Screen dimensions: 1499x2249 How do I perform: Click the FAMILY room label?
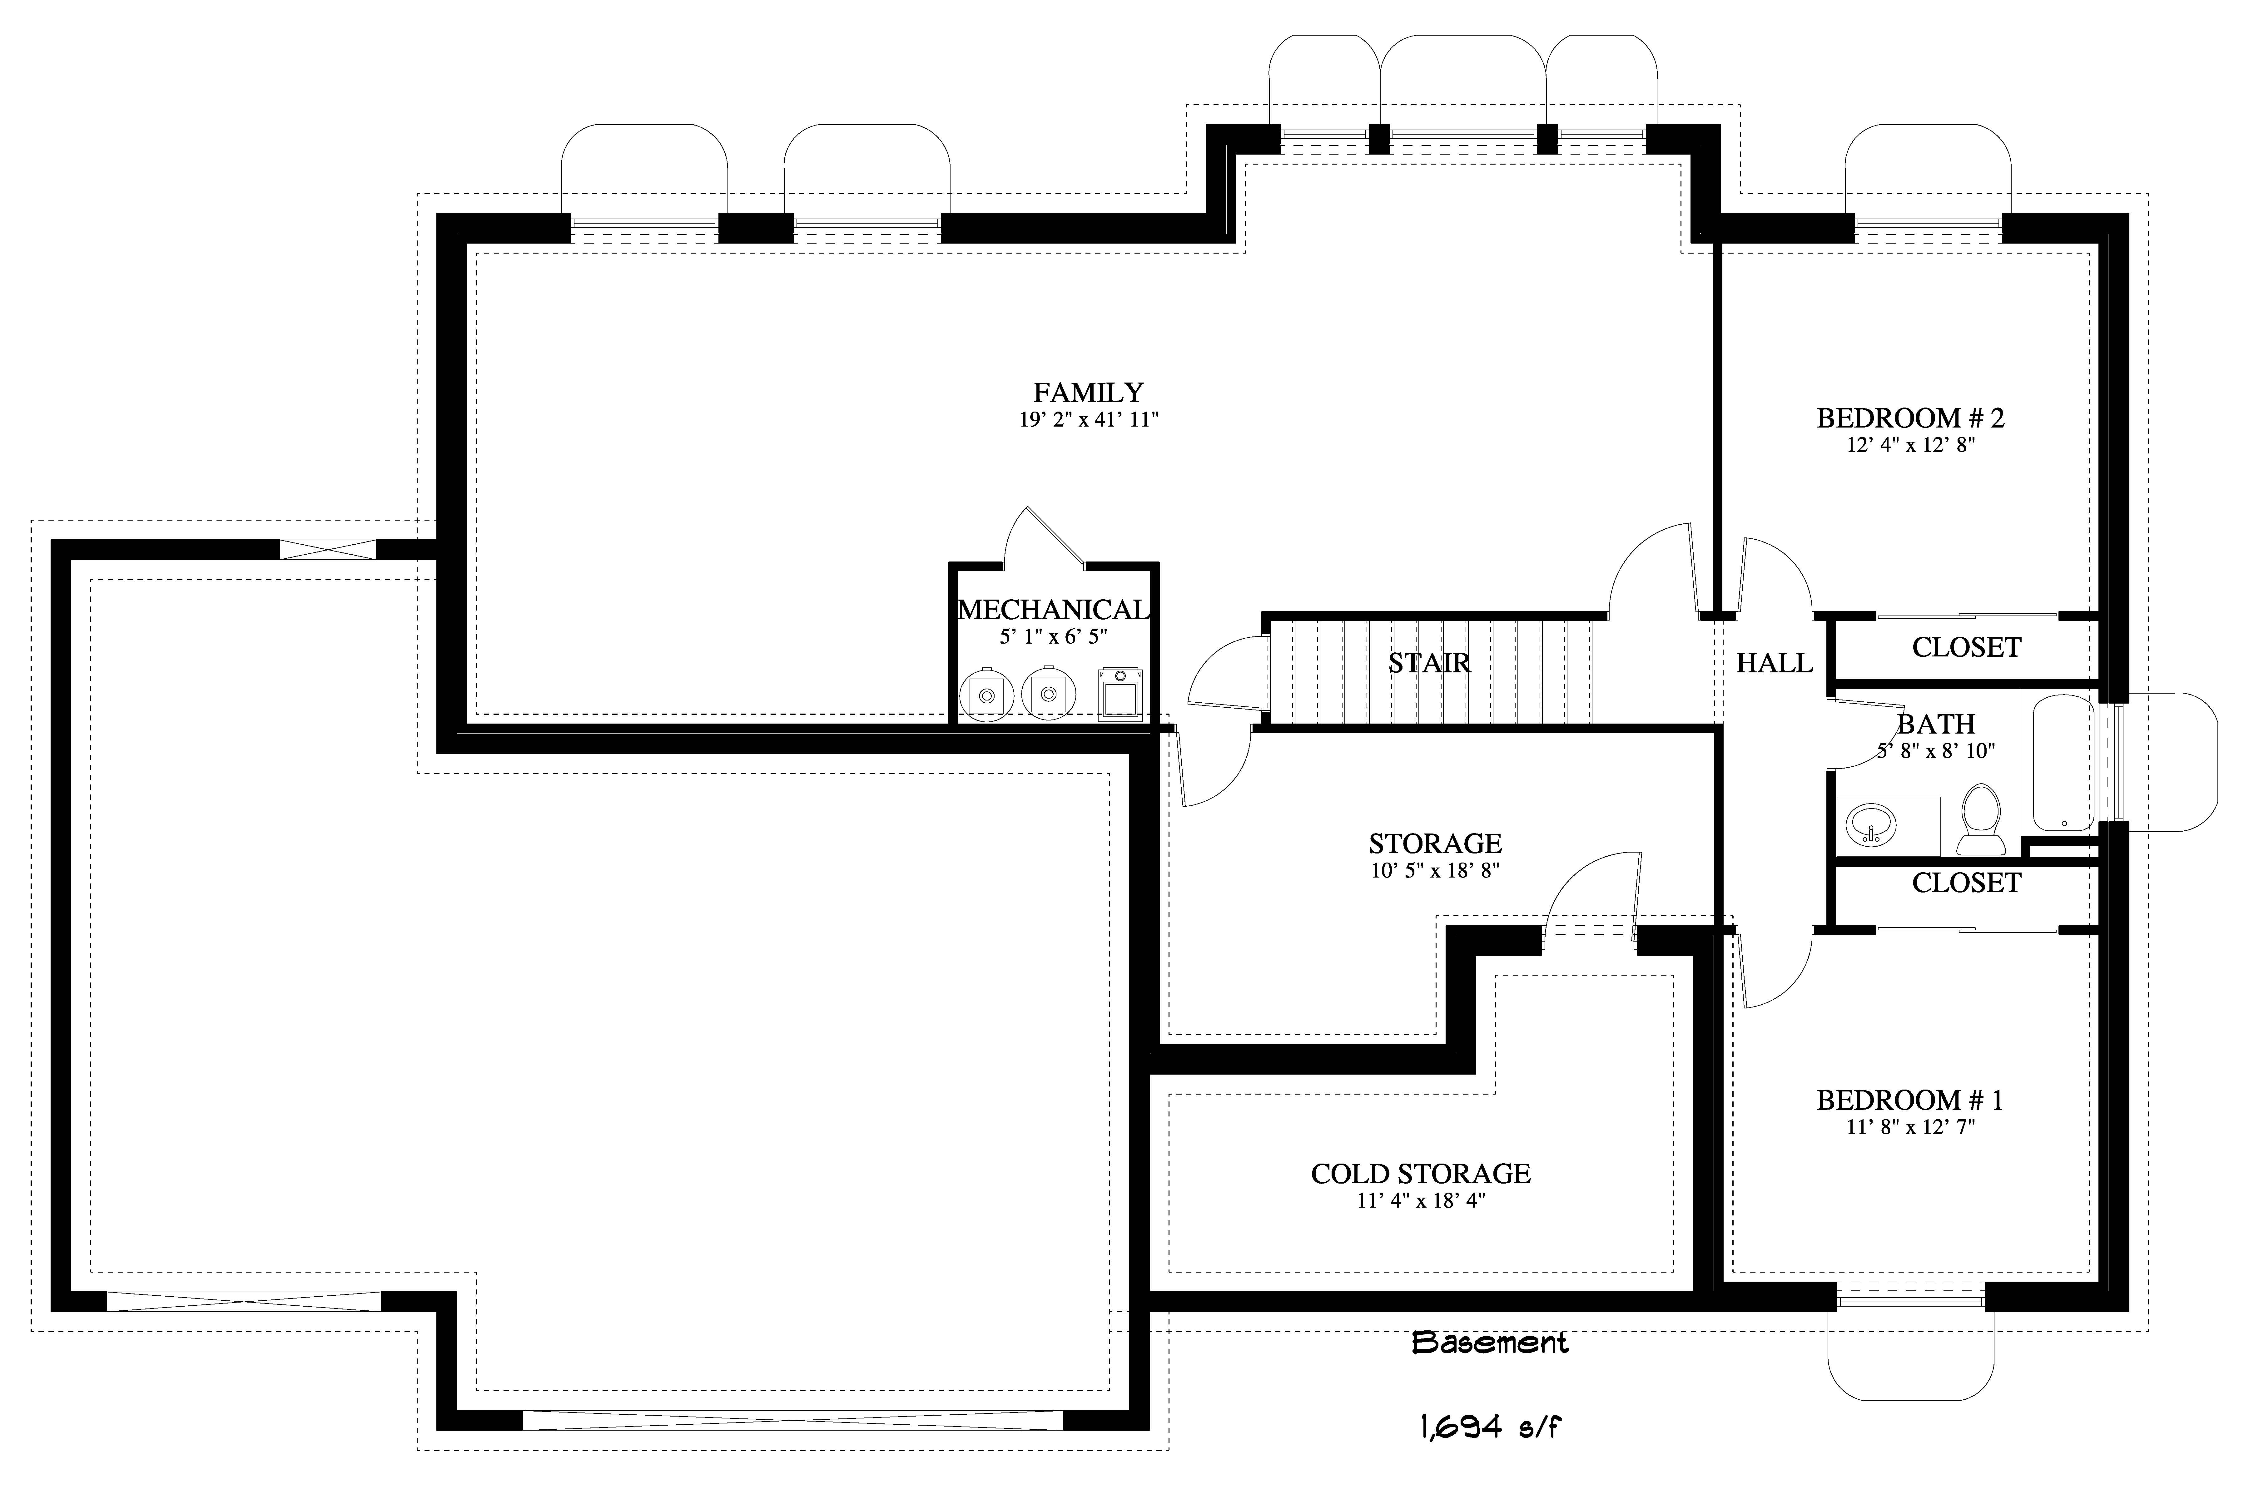[x=1088, y=393]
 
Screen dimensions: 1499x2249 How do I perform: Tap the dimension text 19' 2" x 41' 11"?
[x=1088, y=420]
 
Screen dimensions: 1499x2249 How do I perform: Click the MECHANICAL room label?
[x=1054, y=610]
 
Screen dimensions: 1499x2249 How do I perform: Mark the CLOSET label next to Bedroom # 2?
[x=1966, y=648]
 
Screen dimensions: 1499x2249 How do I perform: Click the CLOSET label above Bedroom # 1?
[x=1966, y=883]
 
